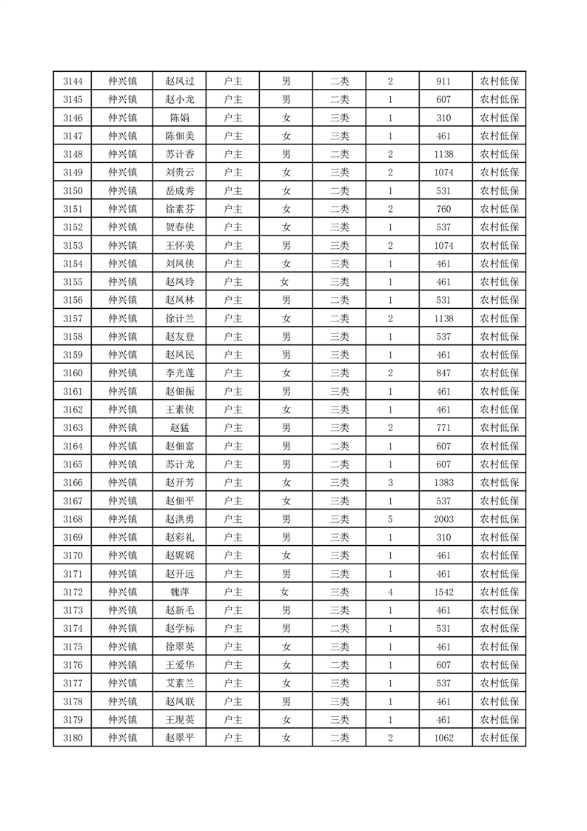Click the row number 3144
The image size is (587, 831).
pyautogui.click(x=73, y=81)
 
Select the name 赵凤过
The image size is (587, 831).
pyautogui.click(x=179, y=81)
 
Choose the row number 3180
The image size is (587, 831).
pyautogui.click(x=73, y=738)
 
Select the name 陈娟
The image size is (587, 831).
pyautogui.click(x=179, y=118)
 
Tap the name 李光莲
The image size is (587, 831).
pyautogui.click(x=179, y=373)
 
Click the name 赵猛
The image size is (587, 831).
pyautogui.click(x=179, y=427)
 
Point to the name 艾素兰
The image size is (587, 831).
pyautogui.click(x=179, y=683)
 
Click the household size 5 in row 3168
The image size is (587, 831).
pyautogui.click(x=390, y=519)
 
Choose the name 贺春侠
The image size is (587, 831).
pyautogui.click(x=179, y=227)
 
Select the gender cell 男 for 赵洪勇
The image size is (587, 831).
pyautogui.click(x=286, y=519)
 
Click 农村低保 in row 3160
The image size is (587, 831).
pyautogui.click(x=499, y=373)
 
